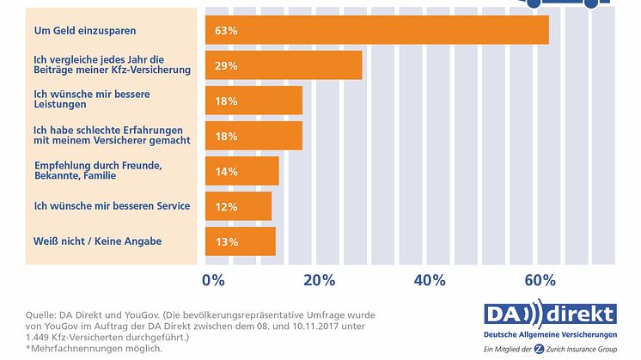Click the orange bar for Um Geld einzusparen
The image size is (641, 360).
coord(376,30)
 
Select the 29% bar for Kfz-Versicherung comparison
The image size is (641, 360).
coord(284,65)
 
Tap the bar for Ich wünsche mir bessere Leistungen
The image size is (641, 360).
coord(253,101)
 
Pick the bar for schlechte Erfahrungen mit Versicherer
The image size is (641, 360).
coord(253,135)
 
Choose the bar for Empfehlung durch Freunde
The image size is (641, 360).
coord(241,170)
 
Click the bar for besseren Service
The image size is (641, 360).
coord(238,206)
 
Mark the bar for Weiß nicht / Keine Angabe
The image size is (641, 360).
coord(240,241)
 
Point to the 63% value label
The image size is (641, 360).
coord(227,31)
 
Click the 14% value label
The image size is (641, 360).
coord(227,171)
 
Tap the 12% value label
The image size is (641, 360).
coord(227,206)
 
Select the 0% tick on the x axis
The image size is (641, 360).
coord(213,280)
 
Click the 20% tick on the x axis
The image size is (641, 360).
coord(319,280)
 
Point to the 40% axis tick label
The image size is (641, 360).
coord(430,280)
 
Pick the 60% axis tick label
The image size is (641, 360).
coord(540,280)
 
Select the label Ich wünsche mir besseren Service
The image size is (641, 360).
coord(111,205)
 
